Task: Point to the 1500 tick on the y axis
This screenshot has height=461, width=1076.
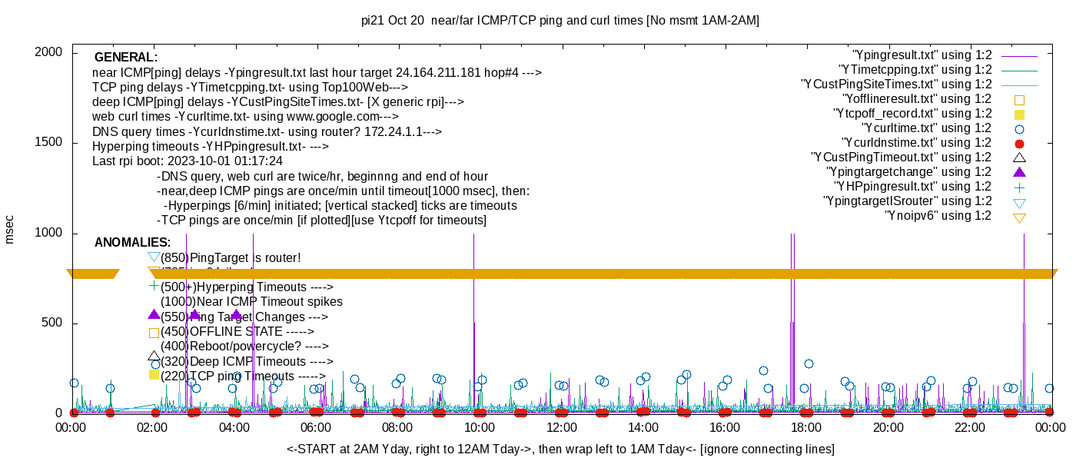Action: pos(50,143)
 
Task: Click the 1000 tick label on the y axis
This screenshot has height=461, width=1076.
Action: pos(50,234)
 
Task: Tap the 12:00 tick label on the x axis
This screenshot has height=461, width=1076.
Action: pos(561,428)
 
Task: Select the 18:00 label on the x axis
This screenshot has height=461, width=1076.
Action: pos(806,428)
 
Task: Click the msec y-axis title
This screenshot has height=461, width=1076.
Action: pos(9,229)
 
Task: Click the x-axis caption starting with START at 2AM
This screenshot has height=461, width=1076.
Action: pos(560,449)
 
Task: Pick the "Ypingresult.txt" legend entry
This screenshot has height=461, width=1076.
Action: pos(922,55)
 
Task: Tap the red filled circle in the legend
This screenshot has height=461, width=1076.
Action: pos(1020,144)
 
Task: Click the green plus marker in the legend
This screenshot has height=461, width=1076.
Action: pos(1020,187)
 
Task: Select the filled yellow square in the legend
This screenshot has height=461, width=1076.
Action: pos(1020,114)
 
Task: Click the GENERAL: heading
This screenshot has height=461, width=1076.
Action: pos(126,58)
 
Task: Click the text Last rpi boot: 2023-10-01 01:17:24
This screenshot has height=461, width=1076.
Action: pos(188,161)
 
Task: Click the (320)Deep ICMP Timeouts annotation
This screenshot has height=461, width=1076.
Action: pos(246,361)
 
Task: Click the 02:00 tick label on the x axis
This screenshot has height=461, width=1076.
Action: pos(153,428)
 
